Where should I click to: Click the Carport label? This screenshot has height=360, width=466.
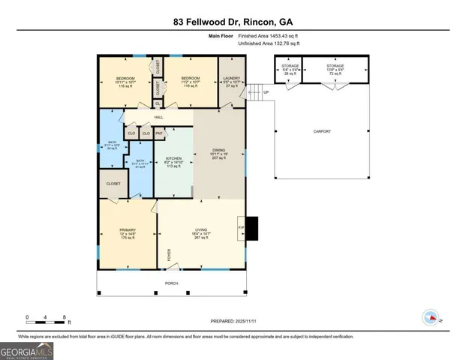click(x=321, y=132)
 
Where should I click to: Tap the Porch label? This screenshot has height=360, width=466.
click(x=172, y=284)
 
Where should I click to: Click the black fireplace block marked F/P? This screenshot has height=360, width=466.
click(x=251, y=228)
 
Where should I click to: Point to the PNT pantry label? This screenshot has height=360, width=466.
click(x=159, y=133)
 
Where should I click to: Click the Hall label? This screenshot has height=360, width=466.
click(x=159, y=117)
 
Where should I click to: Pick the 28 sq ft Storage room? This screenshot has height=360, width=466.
click(x=289, y=71)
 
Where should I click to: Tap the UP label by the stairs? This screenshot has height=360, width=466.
click(x=264, y=93)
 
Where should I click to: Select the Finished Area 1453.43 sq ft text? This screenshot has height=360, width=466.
click(x=269, y=35)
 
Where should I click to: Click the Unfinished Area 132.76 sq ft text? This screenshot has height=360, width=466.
click(x=269, y=43)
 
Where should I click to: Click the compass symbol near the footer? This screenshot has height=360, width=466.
click(x=431, y=318)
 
